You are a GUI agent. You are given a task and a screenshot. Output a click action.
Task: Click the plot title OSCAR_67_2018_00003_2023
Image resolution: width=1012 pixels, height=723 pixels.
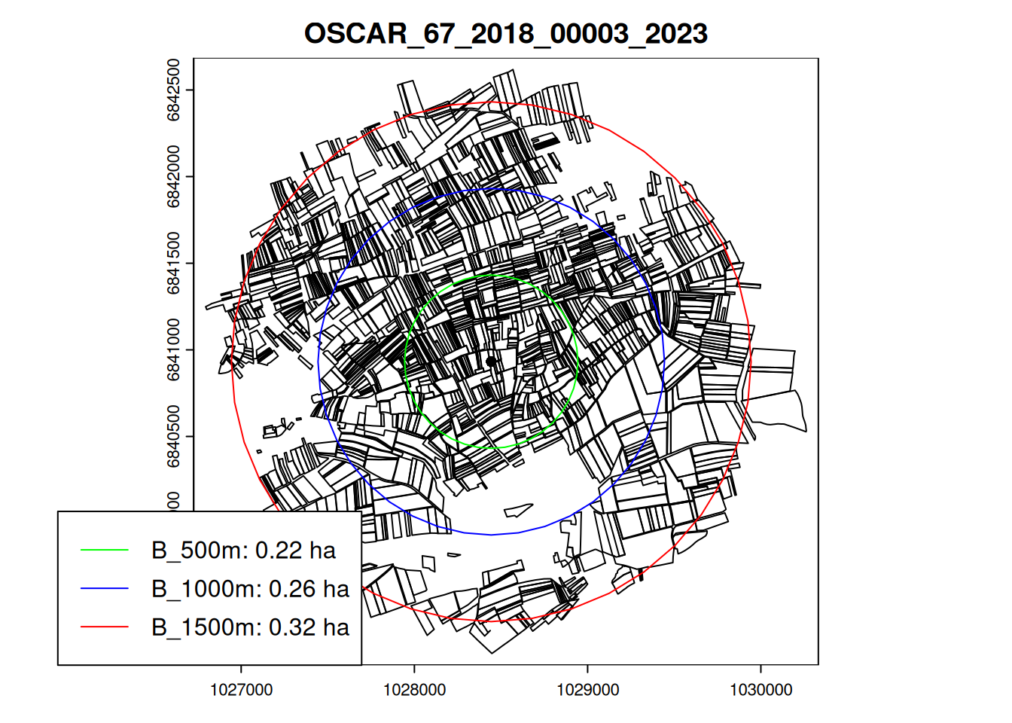506,34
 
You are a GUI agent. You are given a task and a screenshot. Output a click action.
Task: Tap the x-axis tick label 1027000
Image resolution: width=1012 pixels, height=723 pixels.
241,690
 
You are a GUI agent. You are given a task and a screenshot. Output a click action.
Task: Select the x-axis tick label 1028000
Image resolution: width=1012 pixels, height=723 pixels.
414,690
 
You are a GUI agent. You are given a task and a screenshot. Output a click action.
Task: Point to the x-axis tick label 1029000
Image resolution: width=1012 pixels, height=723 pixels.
587,690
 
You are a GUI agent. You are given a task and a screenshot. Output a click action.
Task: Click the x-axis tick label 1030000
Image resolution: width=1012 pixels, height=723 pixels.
761,690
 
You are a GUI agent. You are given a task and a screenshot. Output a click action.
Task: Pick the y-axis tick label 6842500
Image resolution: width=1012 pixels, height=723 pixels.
173,90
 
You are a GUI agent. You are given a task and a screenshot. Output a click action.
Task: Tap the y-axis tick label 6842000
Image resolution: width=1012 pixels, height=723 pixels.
173,176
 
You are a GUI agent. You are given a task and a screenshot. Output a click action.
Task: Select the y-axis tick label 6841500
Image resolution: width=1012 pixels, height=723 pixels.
173,263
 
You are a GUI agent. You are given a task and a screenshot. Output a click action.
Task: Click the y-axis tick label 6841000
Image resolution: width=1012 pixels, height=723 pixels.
173,349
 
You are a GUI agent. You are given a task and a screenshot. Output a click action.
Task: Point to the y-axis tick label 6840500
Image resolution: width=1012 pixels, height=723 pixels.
173,436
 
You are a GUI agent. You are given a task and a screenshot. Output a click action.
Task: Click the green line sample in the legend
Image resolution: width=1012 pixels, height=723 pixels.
105,551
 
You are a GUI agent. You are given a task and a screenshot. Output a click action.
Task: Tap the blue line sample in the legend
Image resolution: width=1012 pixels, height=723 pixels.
105,589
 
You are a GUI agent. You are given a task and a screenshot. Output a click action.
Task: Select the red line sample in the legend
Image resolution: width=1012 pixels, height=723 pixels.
105,627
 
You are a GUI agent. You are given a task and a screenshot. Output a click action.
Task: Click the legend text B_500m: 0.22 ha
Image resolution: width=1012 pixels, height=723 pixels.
243,551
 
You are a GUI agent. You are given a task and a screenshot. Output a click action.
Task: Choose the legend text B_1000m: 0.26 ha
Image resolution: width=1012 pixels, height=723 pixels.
250,589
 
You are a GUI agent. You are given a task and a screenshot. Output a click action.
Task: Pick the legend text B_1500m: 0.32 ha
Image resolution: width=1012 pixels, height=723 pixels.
250,627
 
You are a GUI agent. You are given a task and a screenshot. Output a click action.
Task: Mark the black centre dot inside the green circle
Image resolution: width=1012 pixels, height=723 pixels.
491,361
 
